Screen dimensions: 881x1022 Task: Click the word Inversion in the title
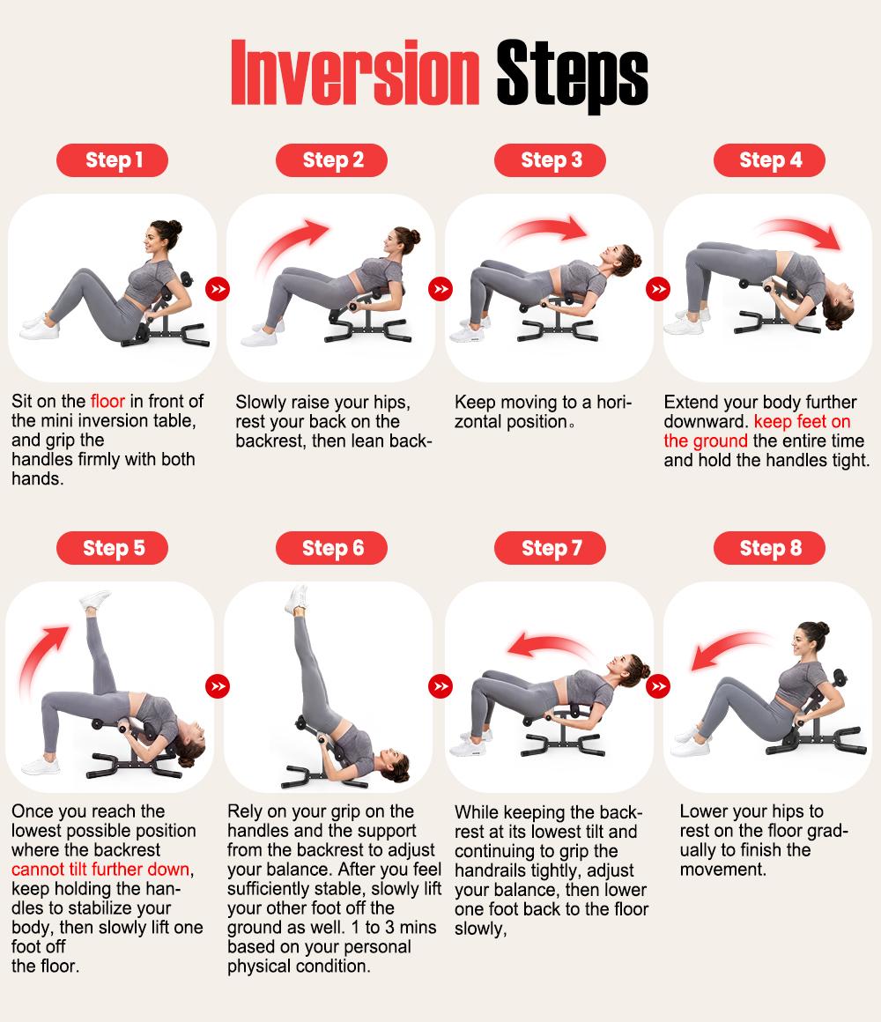355,72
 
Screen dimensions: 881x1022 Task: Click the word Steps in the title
572,76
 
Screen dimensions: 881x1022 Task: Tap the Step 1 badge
112,160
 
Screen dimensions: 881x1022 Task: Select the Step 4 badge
769,160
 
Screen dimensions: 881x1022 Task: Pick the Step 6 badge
331,548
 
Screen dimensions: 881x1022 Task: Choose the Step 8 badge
769,548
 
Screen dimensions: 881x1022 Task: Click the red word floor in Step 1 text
107,401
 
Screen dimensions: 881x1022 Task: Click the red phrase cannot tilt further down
101,870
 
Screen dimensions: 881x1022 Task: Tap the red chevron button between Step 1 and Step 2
218,289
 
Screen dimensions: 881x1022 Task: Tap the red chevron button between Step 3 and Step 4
658,289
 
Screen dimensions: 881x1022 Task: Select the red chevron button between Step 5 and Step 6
218,685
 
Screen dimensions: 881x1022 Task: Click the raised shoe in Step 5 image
95,600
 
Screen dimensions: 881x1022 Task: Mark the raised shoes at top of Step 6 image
297,598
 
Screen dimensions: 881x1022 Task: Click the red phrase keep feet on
803,422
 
